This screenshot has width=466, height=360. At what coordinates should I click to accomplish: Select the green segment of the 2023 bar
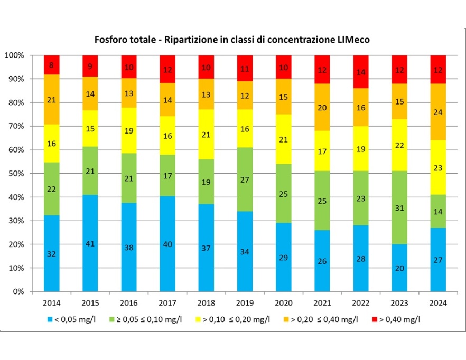tap(400, 207)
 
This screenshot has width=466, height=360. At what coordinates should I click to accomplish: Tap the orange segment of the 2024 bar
tap(439, 111)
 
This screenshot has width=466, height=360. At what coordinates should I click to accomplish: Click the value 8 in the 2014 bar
tap(52, 65)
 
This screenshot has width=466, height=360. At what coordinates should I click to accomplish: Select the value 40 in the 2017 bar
tap(168, 243)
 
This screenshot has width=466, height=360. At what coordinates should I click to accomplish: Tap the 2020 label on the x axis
tap(284, 303)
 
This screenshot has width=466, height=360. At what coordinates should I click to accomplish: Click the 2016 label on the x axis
tap(129, 303)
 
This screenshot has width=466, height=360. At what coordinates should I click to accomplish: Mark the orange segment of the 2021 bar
tap(323, 107)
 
